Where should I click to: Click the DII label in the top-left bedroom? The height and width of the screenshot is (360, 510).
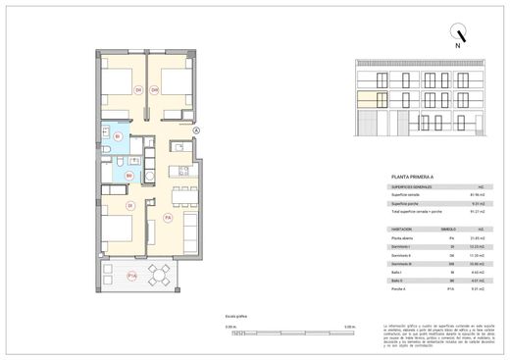tap(138, 90)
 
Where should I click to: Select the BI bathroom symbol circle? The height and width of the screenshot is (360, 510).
tap(118, 135)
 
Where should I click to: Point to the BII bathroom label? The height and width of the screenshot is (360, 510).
tap(128, 175)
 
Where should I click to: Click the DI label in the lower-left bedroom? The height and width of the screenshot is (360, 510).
tap(129, 206)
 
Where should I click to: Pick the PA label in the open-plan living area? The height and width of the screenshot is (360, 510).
tap(168, 217)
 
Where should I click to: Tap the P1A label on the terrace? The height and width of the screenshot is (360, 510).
tap(131, 276)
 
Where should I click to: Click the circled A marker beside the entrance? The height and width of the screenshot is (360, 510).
tap(196, 129)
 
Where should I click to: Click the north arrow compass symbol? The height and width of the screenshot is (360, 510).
tap(455, 31)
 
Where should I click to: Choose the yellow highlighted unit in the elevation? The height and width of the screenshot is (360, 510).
tap(367, 97)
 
